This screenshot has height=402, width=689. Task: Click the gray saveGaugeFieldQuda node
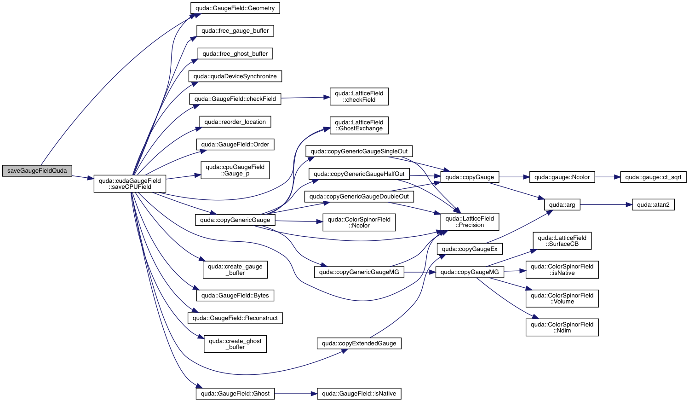37,171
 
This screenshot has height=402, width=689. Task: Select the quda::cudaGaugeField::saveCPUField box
130,184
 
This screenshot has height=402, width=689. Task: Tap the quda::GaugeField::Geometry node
235,8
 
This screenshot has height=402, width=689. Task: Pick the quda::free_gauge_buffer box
235,31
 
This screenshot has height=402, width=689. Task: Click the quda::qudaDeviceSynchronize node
235,76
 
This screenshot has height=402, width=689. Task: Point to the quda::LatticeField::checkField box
359,97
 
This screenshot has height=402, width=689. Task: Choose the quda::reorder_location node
235,122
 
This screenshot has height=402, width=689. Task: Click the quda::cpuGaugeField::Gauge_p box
235,170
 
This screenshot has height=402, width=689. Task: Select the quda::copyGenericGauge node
235,220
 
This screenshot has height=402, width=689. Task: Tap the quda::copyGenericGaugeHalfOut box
359,174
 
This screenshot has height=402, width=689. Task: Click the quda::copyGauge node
470,177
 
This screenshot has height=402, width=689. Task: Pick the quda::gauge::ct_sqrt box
653,177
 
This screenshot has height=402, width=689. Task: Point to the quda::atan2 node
653,205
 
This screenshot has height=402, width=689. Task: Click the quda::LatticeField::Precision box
470,222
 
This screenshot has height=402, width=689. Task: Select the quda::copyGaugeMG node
470,272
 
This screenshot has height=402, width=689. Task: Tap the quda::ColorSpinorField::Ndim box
562,327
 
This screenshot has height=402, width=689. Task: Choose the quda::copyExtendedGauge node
359,344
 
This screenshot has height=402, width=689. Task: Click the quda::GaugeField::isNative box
359,394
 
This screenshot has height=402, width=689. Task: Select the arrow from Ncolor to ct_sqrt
608,177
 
